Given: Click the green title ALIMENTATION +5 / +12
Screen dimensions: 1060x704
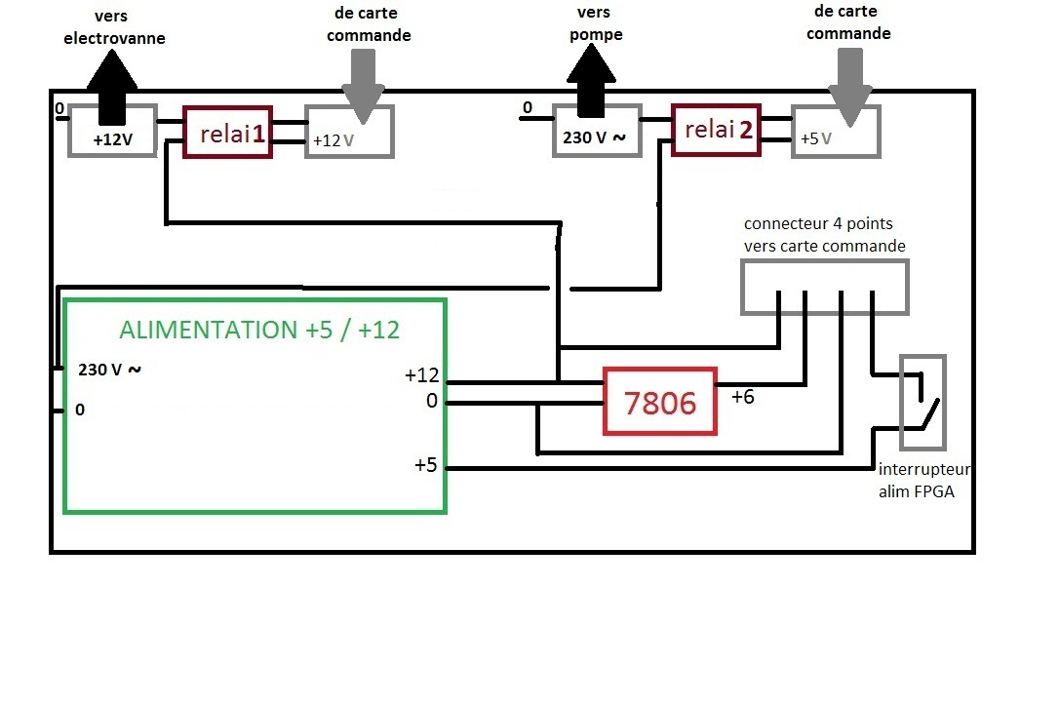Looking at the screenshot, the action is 259,330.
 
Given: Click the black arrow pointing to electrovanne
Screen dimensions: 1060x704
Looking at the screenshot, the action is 111,88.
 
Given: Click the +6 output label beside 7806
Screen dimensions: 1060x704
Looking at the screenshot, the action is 743,397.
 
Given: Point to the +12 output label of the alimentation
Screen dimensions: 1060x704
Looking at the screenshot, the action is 422,375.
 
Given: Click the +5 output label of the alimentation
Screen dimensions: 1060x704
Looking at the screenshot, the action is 426,465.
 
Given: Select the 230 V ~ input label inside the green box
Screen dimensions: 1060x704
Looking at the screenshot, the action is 109,370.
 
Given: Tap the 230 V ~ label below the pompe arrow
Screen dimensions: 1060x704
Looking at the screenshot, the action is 594,137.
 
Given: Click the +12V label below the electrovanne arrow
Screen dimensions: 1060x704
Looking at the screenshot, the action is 113,140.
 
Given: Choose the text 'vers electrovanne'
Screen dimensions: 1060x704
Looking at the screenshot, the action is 113,27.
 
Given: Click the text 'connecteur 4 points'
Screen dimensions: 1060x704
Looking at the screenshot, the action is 819,224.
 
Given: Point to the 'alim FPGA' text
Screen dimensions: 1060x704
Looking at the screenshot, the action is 917,491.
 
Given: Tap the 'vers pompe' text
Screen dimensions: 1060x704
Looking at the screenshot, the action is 595,23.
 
